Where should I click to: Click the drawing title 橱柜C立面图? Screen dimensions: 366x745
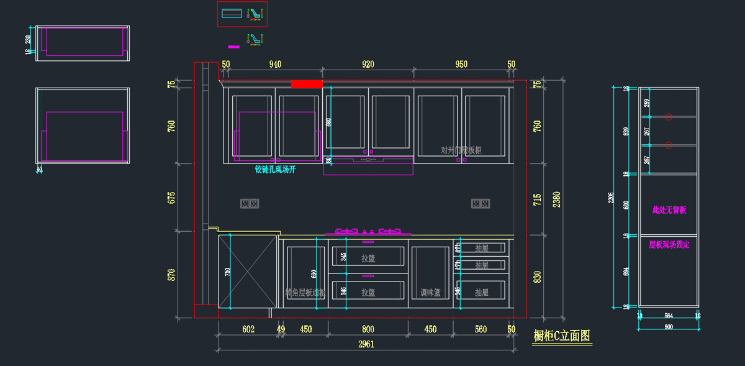[562, 336]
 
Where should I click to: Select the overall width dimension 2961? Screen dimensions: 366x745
[366, 344]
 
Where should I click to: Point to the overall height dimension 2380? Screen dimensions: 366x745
[557, 199]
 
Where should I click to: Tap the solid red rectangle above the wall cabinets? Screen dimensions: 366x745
[307, 84]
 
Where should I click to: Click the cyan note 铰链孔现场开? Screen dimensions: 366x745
[275, 169]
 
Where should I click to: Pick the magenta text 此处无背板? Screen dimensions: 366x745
[669, 210]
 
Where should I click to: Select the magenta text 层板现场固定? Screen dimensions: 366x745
[669, 245]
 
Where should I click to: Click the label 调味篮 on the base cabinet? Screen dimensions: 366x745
[430, 293]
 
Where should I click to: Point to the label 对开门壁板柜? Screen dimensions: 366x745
[461, 150]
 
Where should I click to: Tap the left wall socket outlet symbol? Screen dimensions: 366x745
[249, 203]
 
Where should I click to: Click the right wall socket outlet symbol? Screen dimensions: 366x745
[480, 203]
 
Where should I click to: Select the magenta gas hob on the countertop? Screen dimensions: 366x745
[369, 232]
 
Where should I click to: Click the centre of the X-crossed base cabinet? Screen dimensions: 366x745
[247, 271]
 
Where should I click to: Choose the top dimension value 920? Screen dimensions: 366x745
[368, 64]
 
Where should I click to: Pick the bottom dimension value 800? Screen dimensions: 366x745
[368, 329]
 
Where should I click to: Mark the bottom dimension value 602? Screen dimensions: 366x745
[248, 329]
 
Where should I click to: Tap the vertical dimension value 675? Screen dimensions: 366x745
[172, 198]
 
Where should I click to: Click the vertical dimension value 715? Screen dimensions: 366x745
[538, 199]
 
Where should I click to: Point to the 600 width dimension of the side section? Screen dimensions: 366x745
[668, 326]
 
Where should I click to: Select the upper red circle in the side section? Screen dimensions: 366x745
[668, 116]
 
